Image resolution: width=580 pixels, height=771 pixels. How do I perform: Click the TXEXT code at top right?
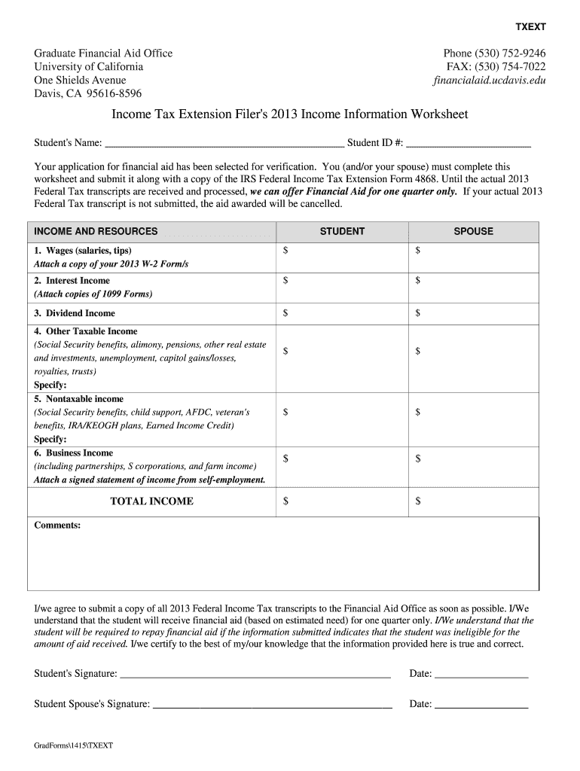(x=530, y=27)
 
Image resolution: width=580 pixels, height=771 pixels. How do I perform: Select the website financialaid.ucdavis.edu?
(x=490, y=81)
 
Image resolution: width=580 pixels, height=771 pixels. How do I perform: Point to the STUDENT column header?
(x=342, y=232)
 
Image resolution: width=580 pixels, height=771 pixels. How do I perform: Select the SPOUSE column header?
(x=473, y=232)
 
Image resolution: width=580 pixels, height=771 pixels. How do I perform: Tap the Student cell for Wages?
(x=343, y=257)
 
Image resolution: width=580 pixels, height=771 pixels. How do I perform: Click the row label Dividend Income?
(x=75, y=313)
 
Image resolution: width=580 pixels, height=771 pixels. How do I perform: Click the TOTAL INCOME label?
(x=151, y=501)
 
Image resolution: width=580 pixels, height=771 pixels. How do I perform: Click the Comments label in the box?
(x=57, y=526)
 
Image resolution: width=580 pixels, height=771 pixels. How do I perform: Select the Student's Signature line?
(x=255, y=675)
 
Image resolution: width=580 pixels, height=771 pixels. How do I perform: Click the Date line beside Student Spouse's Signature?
(x=481, y=705)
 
